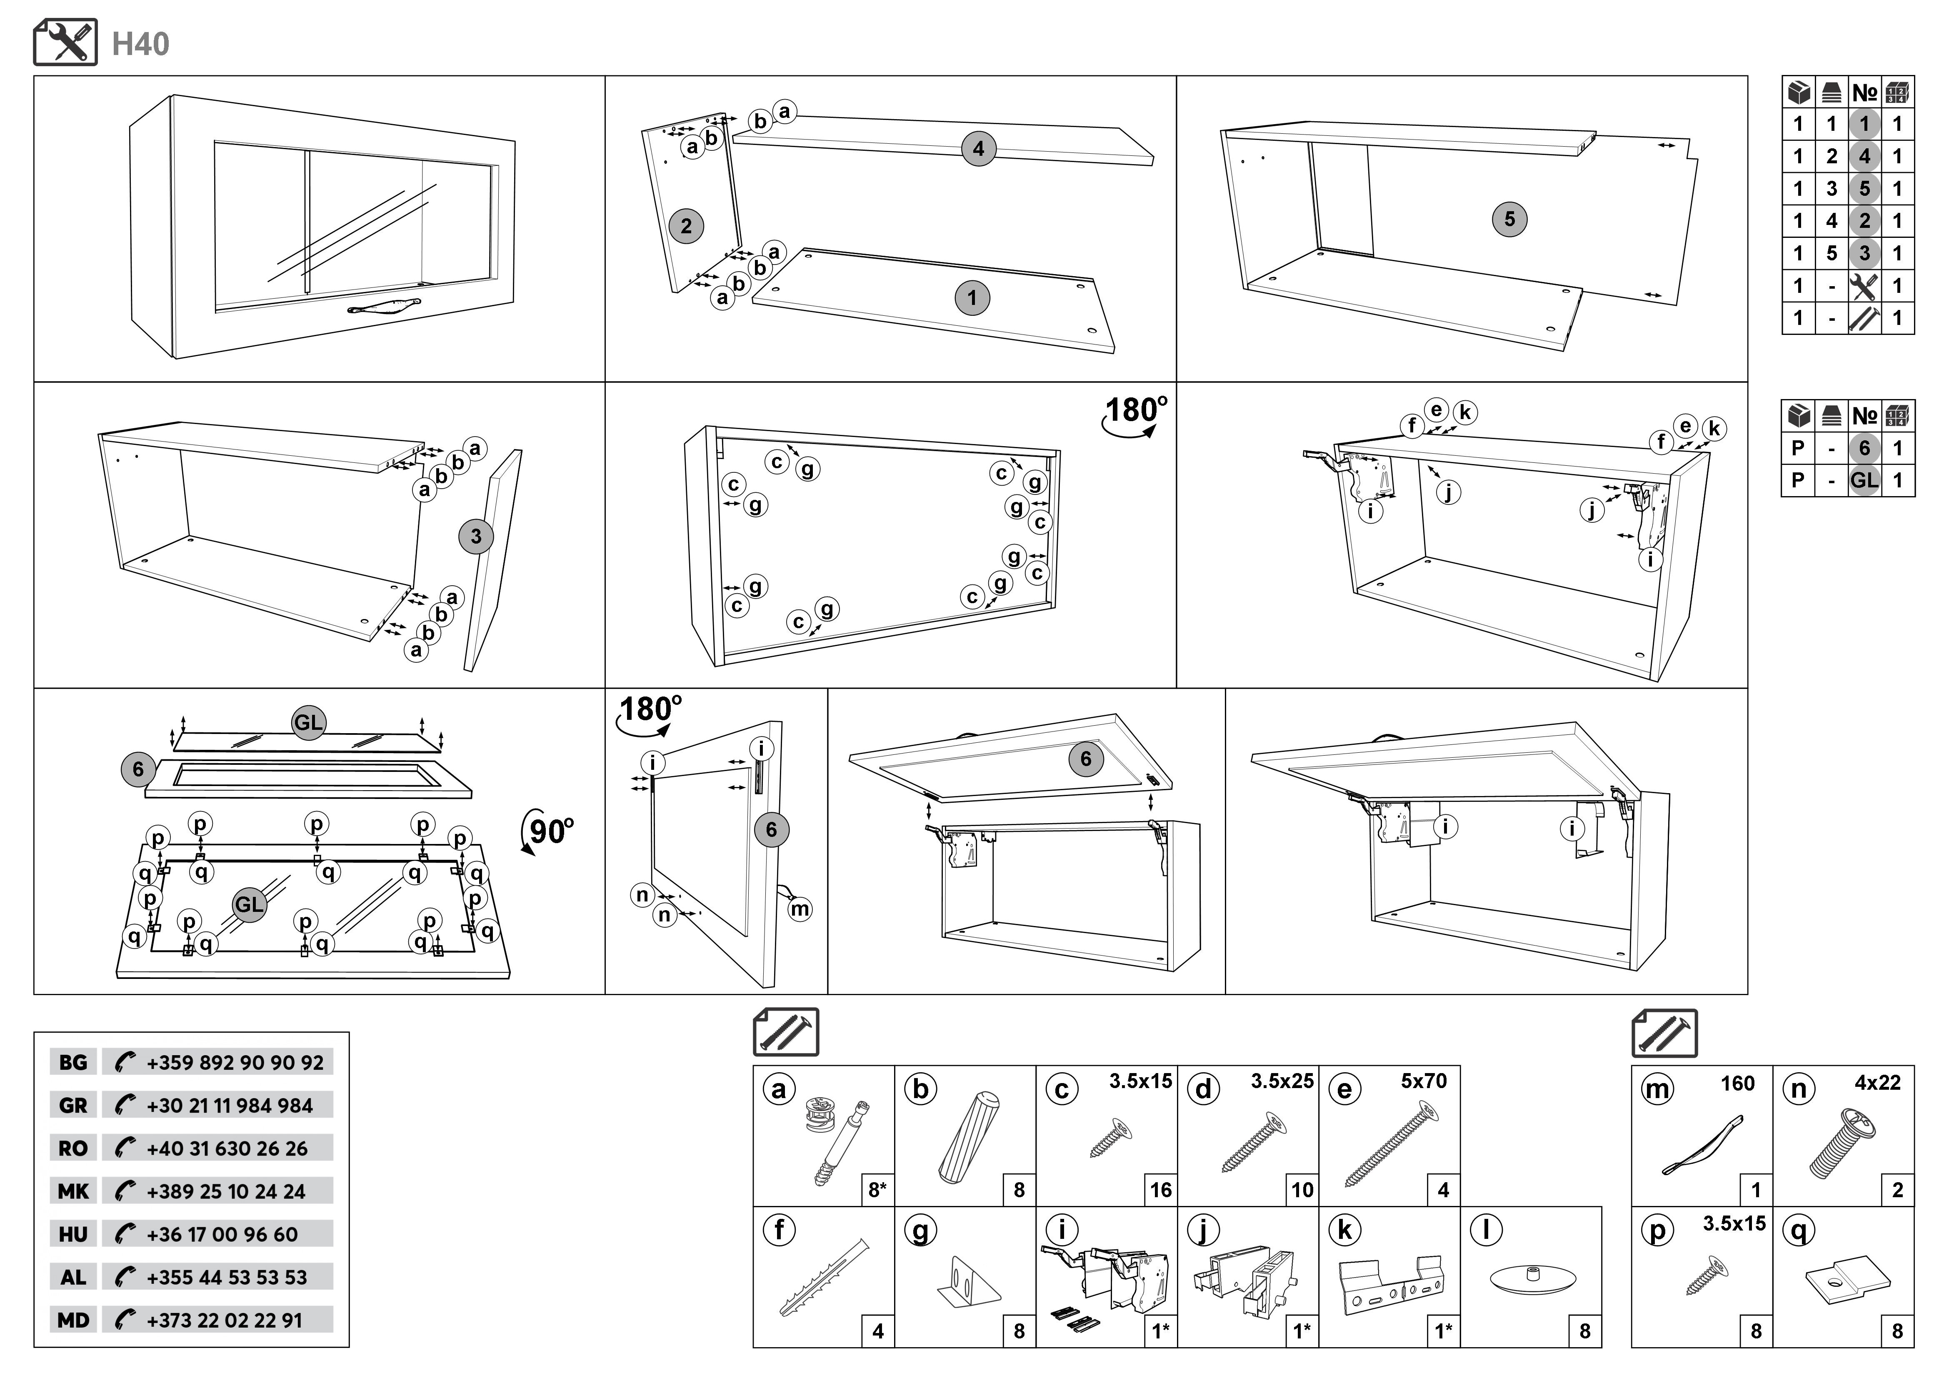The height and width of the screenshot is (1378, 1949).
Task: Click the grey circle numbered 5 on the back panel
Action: point(1509,219)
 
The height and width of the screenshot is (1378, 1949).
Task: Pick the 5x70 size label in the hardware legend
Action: point(1424,1081)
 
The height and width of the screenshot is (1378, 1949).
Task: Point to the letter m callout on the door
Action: point(800,910)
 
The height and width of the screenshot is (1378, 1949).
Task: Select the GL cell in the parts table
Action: point(1864,480)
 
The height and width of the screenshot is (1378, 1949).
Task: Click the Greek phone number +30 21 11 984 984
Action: point(229,1106)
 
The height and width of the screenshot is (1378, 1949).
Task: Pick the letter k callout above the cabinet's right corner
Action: point(1714,429)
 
